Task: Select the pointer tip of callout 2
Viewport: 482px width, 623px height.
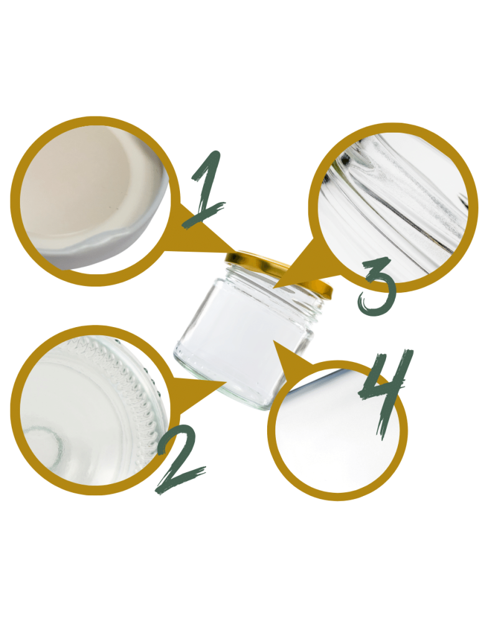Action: pos(218,383)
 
